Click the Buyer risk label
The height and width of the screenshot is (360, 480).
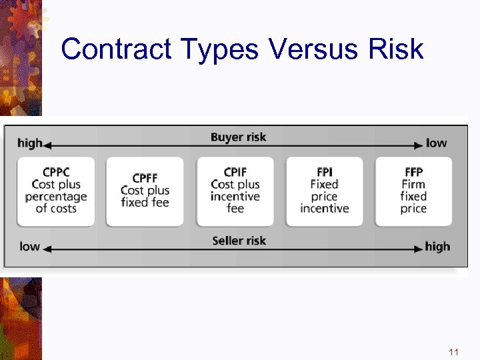tap(238, 137)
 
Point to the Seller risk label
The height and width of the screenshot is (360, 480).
tap(238, 240)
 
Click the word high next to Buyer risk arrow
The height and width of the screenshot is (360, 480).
tap(29, 143)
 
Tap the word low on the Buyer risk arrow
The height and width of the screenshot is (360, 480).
tap(436, 143)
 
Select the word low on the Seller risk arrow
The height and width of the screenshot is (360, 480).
tap(29, 247)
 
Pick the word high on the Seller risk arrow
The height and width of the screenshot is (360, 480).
tap(437, 247)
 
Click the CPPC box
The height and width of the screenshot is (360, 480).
tap(56, 191)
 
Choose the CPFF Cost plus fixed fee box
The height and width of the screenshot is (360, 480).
tap(145, 191)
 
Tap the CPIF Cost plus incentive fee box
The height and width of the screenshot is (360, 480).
tap(235, 191)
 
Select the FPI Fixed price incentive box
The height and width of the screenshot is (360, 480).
tap(325, 191)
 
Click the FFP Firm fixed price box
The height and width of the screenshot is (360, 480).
tap(413, 191)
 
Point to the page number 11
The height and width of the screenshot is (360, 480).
tap(453, 351)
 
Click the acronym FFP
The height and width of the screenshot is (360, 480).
tap(413, 172)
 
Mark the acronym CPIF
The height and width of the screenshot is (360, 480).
tap(235, 172)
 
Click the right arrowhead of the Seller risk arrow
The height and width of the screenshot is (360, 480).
tap(420, 248)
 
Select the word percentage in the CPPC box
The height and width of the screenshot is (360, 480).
tap(56, 197)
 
